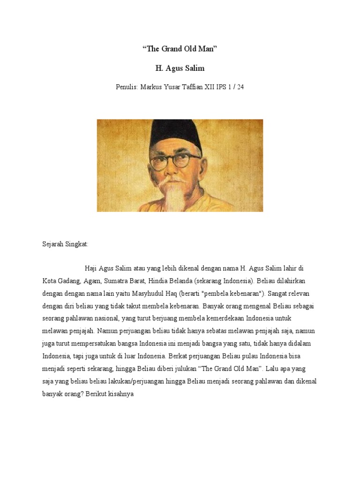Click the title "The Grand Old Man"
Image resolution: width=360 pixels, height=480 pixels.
(x=180, y=49)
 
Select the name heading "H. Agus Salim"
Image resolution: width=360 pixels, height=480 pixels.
(x=180, y=68)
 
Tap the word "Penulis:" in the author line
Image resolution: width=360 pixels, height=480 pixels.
(x=127, y=87)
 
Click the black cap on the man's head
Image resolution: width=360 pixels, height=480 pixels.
(x=178, y=134)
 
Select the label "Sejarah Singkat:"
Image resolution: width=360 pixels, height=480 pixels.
(x=65, y=245)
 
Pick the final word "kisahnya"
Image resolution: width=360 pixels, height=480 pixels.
(x=120, y=394)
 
